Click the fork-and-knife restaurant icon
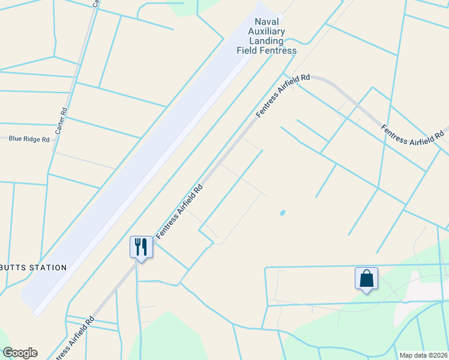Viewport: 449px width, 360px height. pos(141,247)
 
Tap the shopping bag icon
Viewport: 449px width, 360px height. pos(366,278)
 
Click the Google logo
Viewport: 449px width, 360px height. pos(20,353)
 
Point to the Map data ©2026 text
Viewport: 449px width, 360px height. pos(423,355)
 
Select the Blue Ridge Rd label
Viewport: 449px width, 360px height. pos(29,139)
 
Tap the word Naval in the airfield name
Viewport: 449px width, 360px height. pos(267,22)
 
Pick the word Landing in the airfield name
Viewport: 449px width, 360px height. pos(267,41)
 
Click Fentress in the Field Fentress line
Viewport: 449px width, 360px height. pos(277,50)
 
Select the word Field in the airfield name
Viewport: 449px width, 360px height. pos(247,50)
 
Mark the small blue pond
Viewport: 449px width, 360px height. pos(282,212)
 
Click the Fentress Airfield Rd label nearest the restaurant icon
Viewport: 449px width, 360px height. pos(179,211)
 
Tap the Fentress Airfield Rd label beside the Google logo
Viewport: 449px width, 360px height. pos(75,338)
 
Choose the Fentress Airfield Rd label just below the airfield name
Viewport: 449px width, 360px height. pos(283,96)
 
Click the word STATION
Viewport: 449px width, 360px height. pos(47,268)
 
